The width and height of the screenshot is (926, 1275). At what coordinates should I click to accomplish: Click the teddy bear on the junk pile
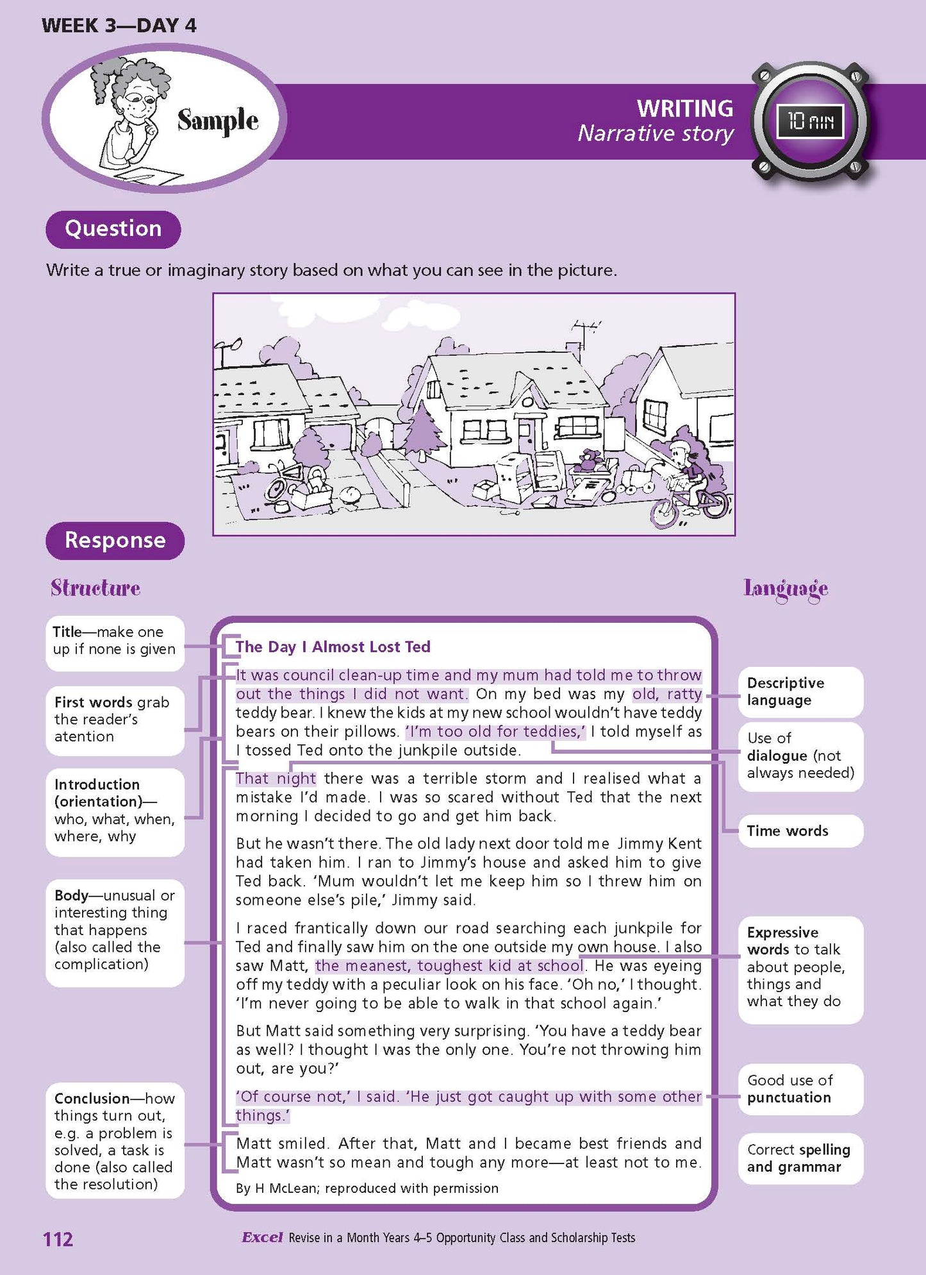[x=589, y=460]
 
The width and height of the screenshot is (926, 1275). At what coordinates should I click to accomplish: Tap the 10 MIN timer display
[x=810, y=121]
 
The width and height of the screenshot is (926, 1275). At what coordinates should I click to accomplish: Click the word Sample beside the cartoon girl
[x=218, y=121]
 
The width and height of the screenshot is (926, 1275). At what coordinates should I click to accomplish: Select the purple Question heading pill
[x=113, y=229]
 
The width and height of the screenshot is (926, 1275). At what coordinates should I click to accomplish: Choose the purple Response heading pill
[x=115, y=540]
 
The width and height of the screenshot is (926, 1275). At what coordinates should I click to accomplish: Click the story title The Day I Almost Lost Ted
[x=333, y=646]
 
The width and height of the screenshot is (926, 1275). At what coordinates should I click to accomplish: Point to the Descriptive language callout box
[x=800, y=691]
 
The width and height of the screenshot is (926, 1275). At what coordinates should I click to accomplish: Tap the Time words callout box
[x=800, y=831]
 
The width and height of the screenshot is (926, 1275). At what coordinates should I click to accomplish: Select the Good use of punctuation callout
[x=800, y=1089]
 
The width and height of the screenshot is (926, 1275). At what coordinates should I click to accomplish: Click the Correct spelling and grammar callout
[x=800, y=1158]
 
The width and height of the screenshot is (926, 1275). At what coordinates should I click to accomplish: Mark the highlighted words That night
[x=276, y=779]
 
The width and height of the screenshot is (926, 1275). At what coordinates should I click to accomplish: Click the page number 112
[x=58, y=1238]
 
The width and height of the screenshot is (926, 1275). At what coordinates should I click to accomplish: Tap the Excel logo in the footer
[x=262, y=1237]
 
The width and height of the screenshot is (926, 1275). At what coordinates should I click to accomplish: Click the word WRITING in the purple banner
[x=684, y=108]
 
